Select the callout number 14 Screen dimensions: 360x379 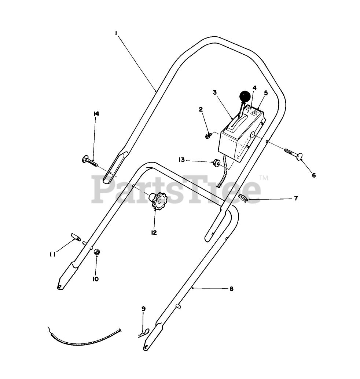pyautogui.click(x=96, y=114)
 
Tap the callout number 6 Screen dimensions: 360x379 pyautogui.click(x=314, y=175)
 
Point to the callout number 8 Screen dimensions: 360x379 pyautogui.click(x=231, y=289)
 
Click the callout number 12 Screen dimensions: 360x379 pyautogui.click(x=154, y=233)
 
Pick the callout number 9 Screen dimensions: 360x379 pyautogui.click(x=143, y=309)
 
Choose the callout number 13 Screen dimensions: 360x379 pyautogui.click(x=181, y=160)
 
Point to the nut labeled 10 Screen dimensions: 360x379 pyautogui.click(x=97, y=252)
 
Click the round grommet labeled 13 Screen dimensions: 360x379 pyautogui.click(x=216, y=162)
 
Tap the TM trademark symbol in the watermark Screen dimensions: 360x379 pyautogui.click(x=264, y=178)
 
